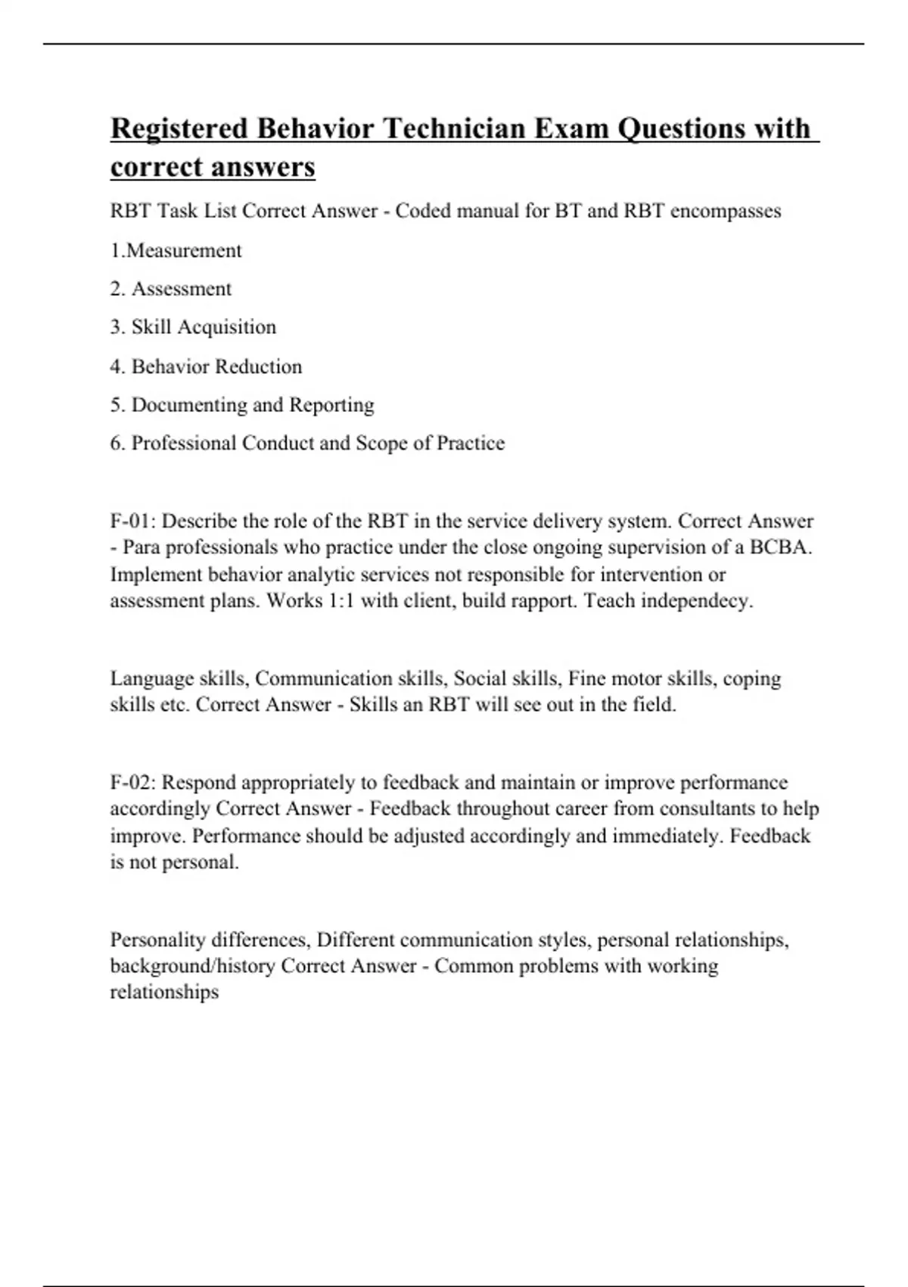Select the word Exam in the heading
pos(573,129)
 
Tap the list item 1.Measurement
pos(176,251)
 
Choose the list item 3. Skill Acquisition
pos(193,327)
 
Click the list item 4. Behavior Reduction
pos(206,366)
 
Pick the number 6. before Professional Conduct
pos(117,443)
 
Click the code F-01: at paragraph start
pos(133,521)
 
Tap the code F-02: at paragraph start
pos(133,782)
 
